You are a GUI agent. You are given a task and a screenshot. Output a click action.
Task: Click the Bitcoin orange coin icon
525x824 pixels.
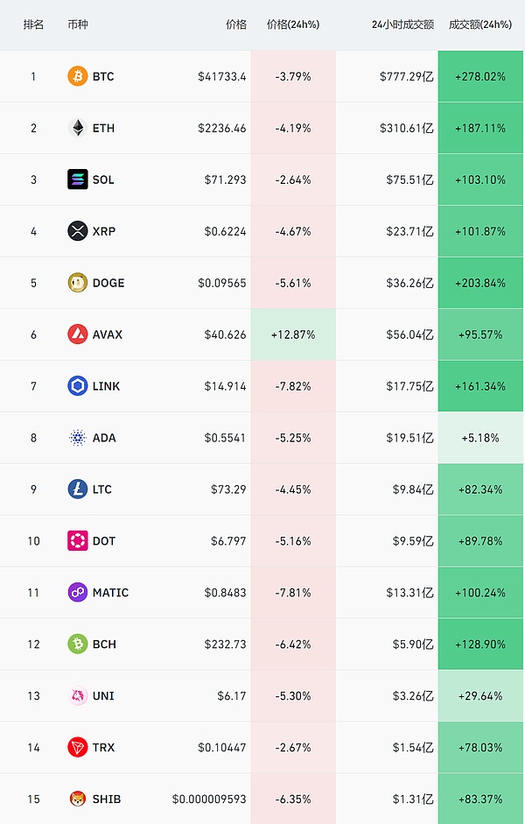(x=78, y=76)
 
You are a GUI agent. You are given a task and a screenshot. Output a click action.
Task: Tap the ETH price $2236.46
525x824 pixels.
(x=222, y=128)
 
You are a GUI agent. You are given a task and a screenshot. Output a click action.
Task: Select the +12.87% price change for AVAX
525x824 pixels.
(x=293, y=335)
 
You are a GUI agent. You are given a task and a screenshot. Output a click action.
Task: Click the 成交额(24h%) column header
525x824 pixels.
(x=479, y=25)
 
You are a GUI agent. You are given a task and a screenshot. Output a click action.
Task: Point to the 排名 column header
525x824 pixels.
(x=33, y=25)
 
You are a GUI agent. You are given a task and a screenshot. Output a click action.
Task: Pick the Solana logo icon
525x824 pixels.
(x=78, y=180)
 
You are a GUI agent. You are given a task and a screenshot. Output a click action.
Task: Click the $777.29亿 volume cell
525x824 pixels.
(x=407, y=76)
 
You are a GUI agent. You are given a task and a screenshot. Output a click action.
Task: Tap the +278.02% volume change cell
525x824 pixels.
(x=480, y=76)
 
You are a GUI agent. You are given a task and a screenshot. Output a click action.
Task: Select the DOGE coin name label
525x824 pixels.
(x=108, y=283)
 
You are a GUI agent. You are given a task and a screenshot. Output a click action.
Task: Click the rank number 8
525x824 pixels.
(x=33, y=438)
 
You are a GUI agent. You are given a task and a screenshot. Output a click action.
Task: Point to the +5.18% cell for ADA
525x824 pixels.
(x=480, y=438)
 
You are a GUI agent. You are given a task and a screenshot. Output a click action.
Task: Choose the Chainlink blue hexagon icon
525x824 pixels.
(x=78, y=386)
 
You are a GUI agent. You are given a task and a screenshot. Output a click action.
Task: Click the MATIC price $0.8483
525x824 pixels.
(x=225, y=593)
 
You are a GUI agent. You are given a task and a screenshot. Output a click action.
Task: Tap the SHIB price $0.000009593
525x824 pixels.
(x=209, y=799)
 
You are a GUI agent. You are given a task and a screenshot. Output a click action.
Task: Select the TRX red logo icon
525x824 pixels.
(x=78, y=747)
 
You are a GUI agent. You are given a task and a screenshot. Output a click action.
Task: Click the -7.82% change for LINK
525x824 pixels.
(x=293, y=386)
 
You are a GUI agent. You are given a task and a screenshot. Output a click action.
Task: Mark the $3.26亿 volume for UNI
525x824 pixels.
(x=410, y=696)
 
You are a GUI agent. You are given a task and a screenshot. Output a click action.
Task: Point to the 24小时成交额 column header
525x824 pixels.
(x=402, y=25)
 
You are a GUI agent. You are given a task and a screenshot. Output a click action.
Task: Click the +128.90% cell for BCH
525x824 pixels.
(x=480, y=644)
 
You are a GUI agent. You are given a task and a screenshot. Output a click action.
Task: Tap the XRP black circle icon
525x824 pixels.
(x=78, y=231)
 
